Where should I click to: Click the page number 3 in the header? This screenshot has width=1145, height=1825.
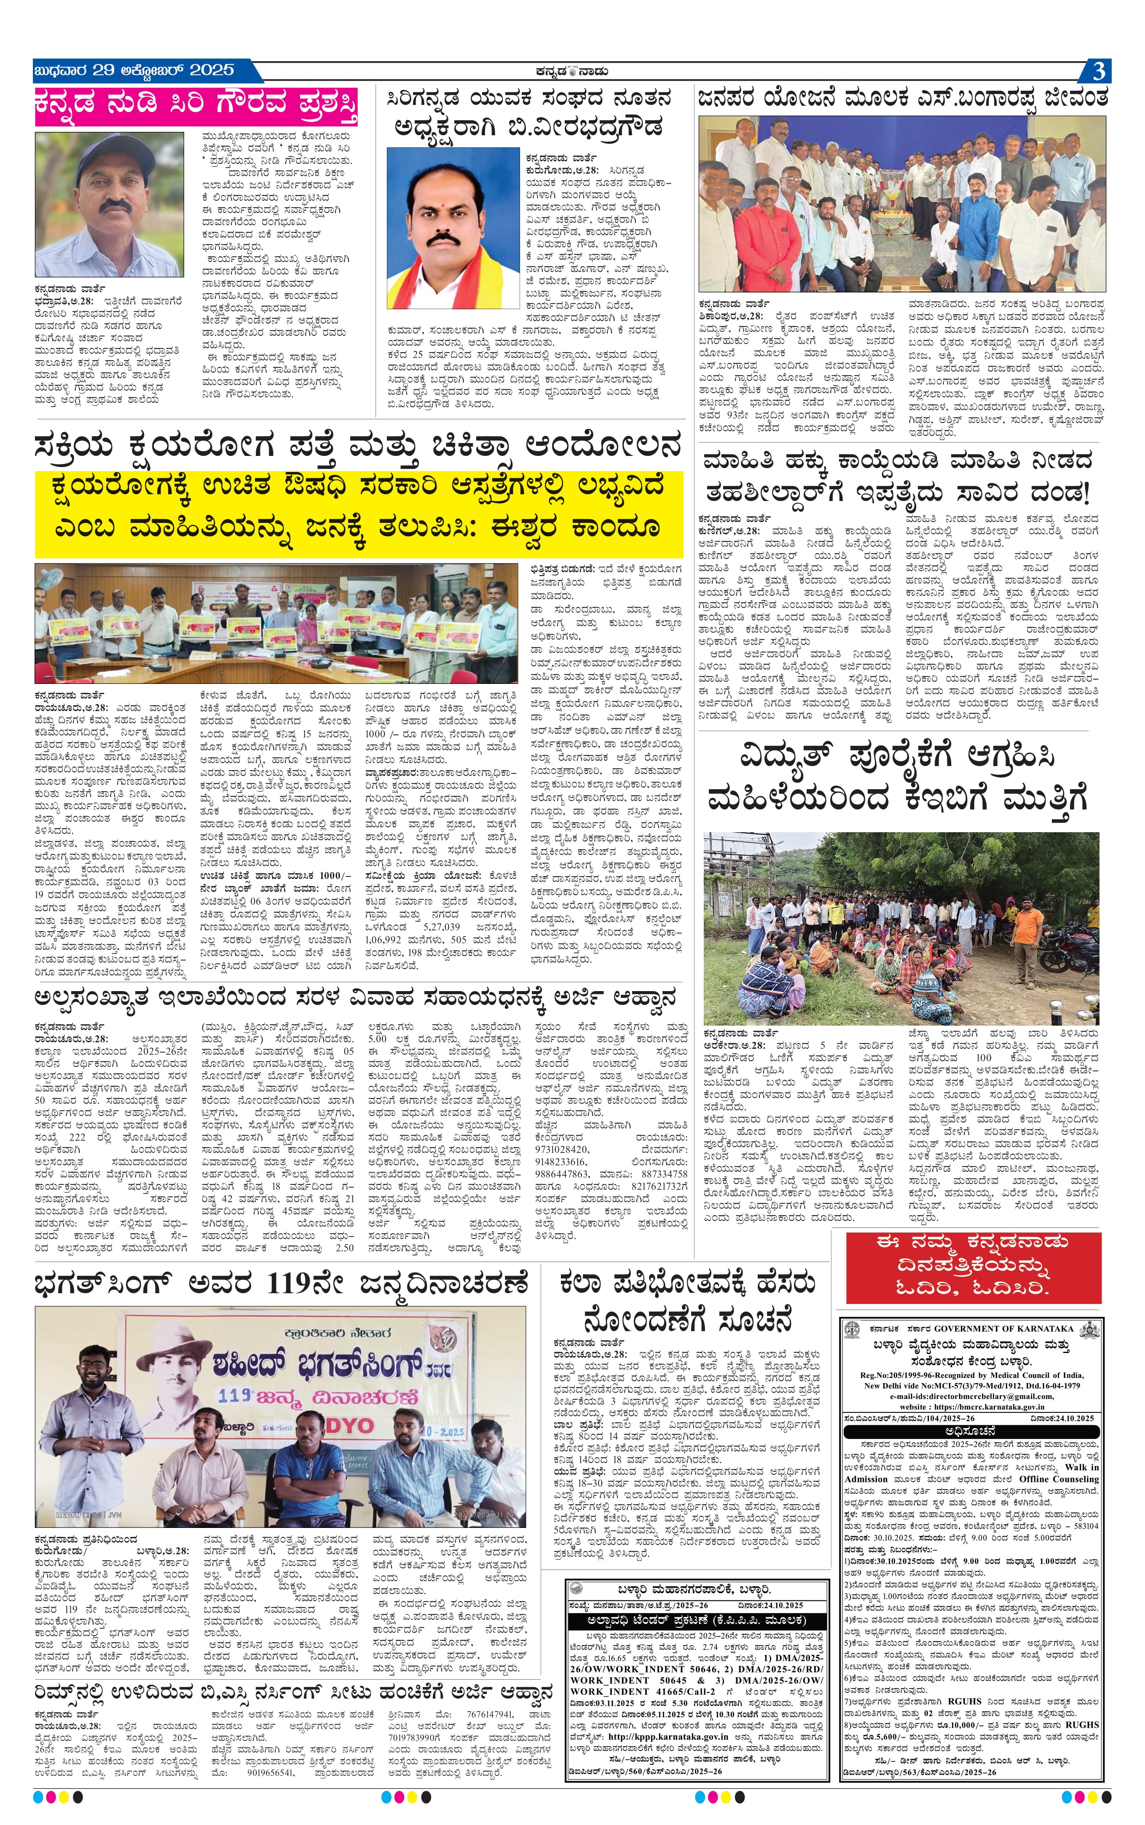pyautogui.click(x=1099, y=71)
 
